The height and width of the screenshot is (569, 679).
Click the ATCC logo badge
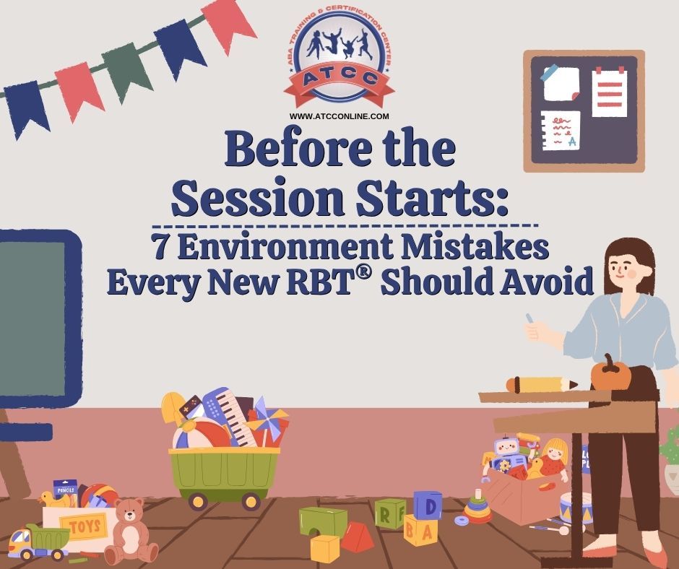tap(339, 60)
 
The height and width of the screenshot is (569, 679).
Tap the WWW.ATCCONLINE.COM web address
tap(339, 116)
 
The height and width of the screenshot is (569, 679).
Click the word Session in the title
tap(259, 197)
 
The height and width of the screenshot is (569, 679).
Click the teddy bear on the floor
tap(130, 531)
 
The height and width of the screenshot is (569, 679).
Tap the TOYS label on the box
tap(85, 527)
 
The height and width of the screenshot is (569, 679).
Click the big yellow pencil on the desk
tap(541, 385)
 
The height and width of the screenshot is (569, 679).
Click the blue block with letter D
tap(428, 505)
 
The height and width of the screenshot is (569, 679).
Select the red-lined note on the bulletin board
tap(609, 92)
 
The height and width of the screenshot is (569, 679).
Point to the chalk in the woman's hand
tap(529, 318)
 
